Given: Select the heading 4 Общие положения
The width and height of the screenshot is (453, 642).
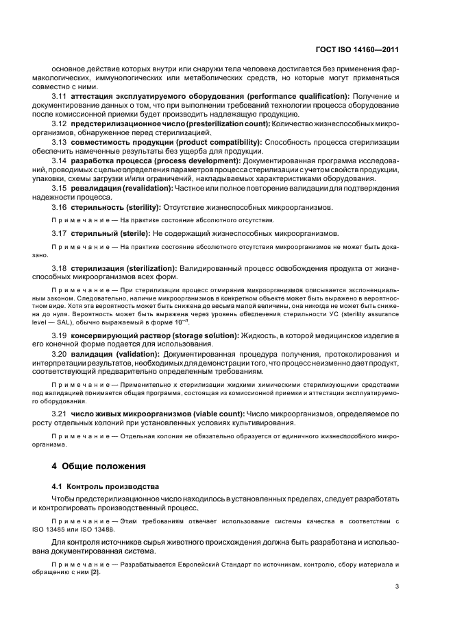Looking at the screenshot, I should pyautogui.click(x=99, y=466).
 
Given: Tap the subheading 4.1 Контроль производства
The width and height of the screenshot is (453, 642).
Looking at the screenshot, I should pyautogui.click(x=106, y=486).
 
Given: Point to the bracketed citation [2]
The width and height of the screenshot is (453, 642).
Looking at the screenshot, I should pyautogui.click(x=92, y=572).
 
